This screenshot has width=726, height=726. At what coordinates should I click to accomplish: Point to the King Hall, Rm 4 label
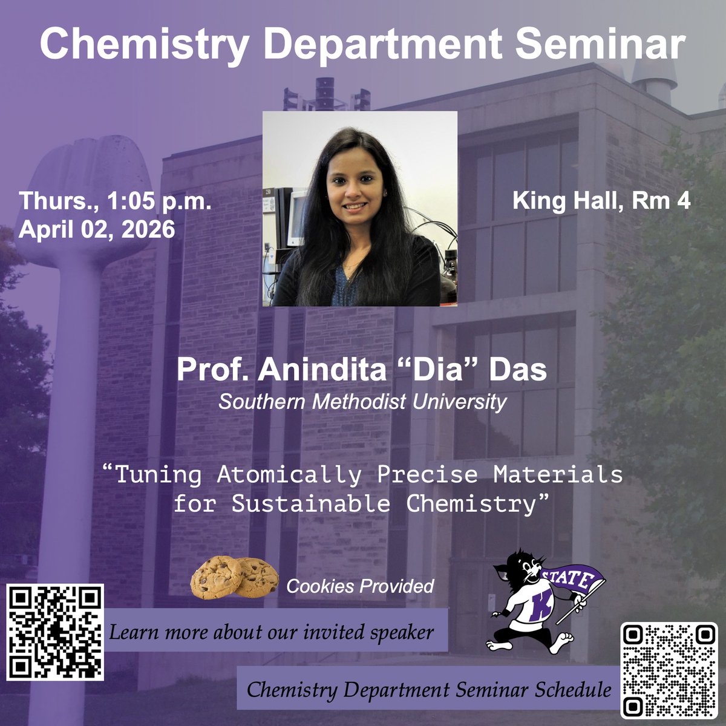pyautogui.click(x=601, y=201)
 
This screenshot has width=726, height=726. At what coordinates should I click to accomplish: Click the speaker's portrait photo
pyautogui.click(x=360, y=209)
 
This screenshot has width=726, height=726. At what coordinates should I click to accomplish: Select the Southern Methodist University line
pyautogui.click(x=362, y=402)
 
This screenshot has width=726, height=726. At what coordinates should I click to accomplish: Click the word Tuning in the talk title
pyautogui.click(x=158, y=474)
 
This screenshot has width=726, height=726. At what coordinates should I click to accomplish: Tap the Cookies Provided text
pyautogui.click(x=360, y=586)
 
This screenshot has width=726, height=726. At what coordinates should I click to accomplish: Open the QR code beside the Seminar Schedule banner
pyautogui.click(x=668, y=670)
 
